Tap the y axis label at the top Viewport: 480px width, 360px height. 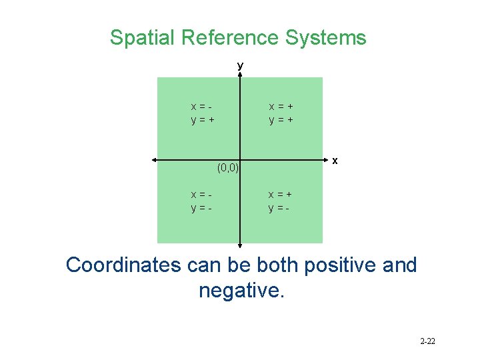point(240,66)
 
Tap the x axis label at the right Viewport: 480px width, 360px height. point(335,161)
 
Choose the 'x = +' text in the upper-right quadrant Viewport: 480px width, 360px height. point(281,107)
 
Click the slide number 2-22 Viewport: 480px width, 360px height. point(427,341)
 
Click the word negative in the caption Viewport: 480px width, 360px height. point(240,291)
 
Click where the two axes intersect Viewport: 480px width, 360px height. point(240,160)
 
